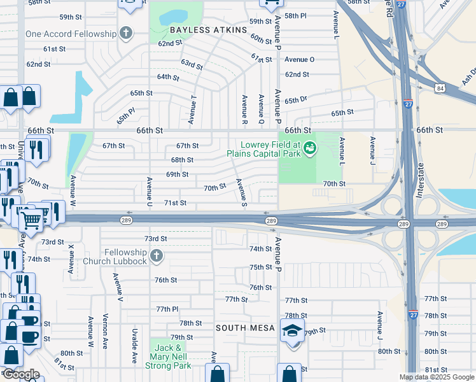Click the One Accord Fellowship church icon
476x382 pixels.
pyautogui.click(x=125, y=33)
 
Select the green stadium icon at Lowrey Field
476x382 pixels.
pyautogui.click(x=310, y=148)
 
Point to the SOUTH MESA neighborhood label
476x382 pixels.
pyautogui.click(x=244, y=328)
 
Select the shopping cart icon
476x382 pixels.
pyautogui.click(x=31, y=220)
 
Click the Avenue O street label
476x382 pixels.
pyautogui.click(x=299, y=59)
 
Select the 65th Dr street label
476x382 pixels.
pyautogui.click(x=296, y=101)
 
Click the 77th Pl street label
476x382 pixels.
pyautogui.click(x=167, y=309)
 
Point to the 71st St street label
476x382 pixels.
pyautogui.click(x=175, y=203)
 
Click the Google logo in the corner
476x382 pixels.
pyautogui.click(x=21, y=374)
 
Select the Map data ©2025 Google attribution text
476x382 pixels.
pyautogui.click(x=437, y=377)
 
